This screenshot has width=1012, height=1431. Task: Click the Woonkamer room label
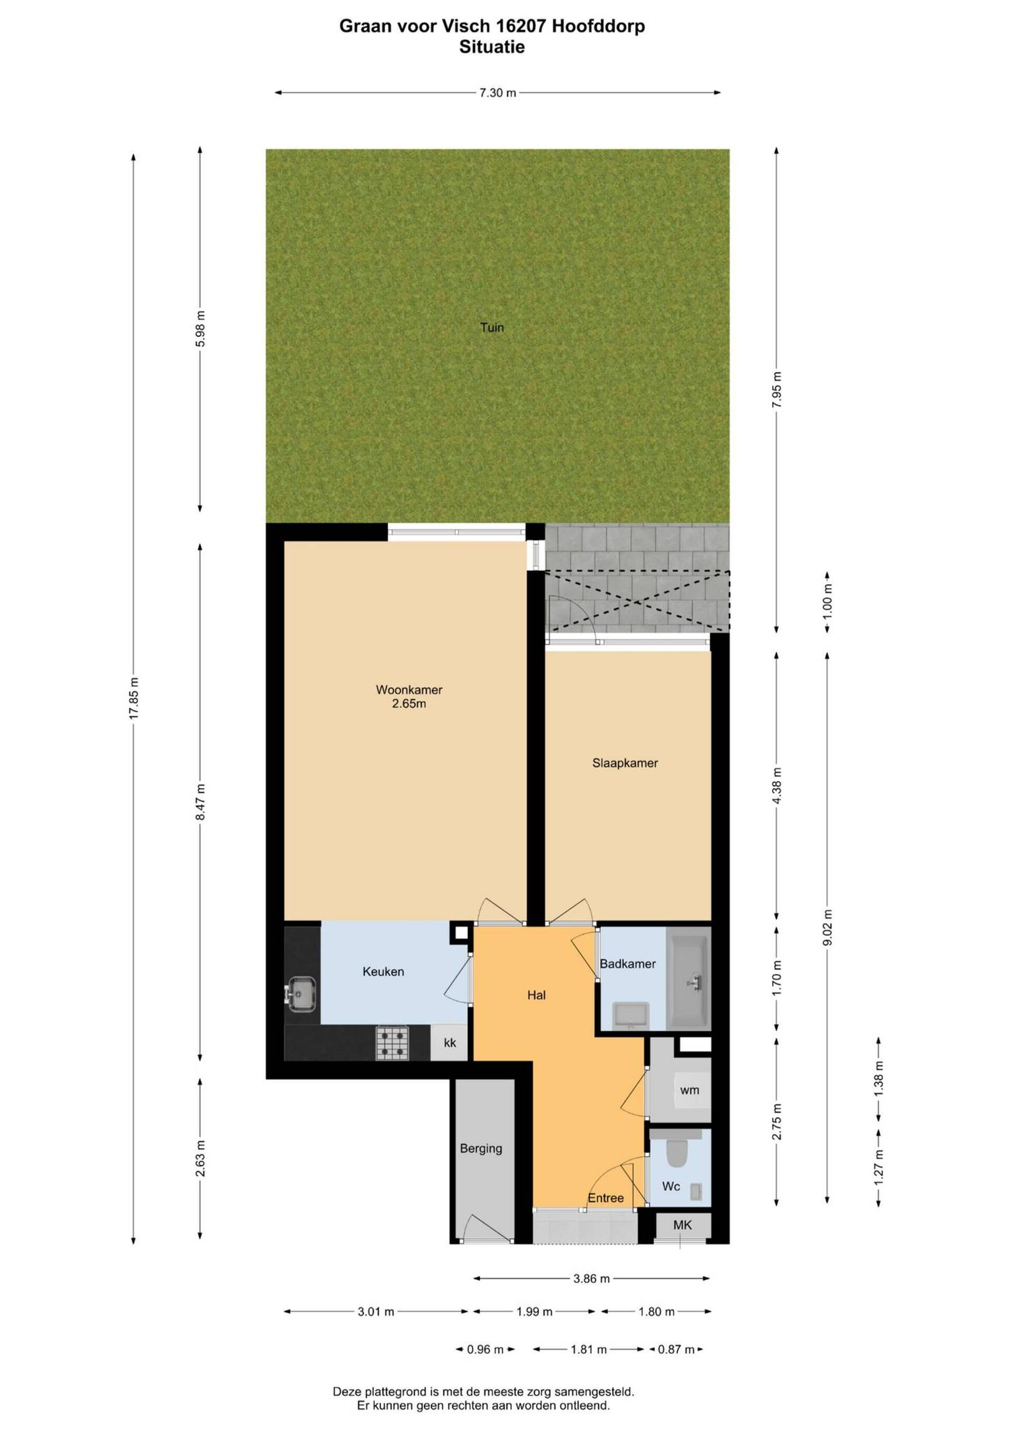click(409, 690)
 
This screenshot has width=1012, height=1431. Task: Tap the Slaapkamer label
click(625, 763)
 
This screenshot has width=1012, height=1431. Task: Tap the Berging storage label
click(481, 1148)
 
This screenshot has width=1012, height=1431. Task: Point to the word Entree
click(606, 1198)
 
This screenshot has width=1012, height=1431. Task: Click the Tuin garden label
click(492, 327)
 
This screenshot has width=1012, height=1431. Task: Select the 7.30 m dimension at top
click(497, 93)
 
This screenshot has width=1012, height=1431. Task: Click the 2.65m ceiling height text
click(409, 704)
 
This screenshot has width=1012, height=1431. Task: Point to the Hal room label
click(536, 995)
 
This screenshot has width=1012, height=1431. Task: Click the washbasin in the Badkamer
click(631, 1014)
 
